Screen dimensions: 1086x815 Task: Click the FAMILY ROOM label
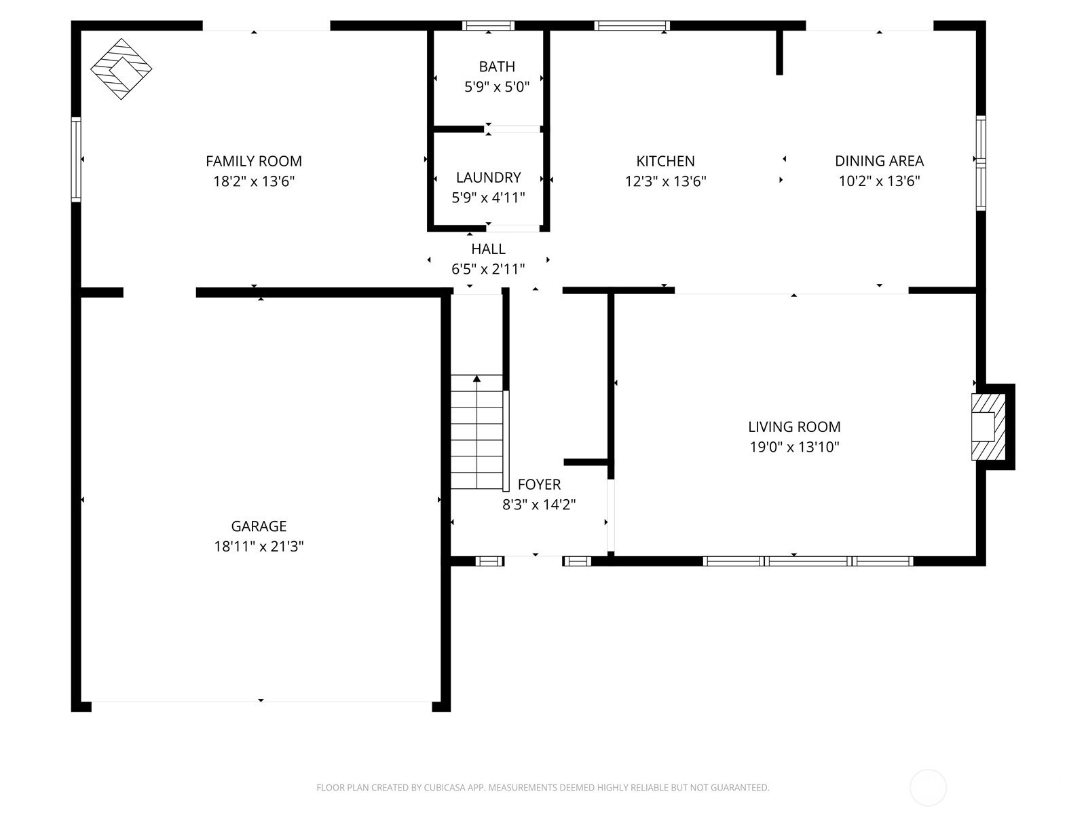click(x=254, y=162)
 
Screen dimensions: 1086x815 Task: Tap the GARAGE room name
click(x=259, y=526)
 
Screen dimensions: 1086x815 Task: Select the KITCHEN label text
click(x=665, y=162)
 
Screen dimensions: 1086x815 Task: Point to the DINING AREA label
click(x=879, y=161)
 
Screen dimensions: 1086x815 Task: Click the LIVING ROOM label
click(x=794, y=427)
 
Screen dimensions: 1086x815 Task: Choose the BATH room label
click(x=497, y=67)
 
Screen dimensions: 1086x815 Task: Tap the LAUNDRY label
click(x=488, y=177)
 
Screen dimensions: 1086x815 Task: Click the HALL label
click(x=488, y=249)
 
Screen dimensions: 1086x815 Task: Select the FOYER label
click(x=540, y=484)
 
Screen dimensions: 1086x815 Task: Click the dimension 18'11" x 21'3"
click(x=259, y=546)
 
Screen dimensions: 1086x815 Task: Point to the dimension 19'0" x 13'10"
click(x=794, y=447)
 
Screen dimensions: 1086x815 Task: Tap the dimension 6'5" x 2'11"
click(x=488, y=269)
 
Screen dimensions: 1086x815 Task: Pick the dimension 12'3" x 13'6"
click(x=665, y=181)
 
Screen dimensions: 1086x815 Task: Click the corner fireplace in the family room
click(x=121, y=69)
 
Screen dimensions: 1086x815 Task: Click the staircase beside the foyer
click(x=477, y=432)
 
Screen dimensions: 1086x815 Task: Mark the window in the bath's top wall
click(x=488, y=26)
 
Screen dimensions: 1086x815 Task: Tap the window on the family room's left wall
click(x=76, y=160)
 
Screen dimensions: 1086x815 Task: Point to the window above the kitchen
click(x=632, y=26)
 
